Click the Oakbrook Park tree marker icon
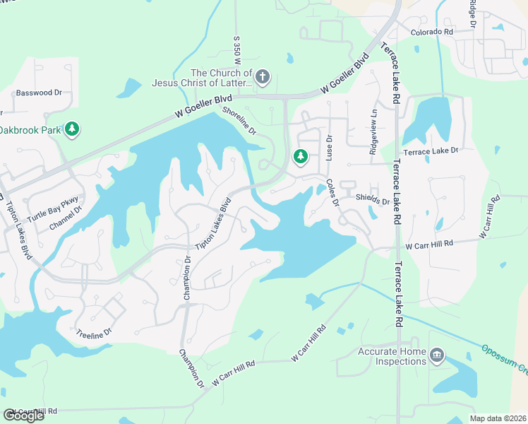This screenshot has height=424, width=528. [x=71, y=129]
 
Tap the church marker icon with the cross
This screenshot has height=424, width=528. [x=263, y=76]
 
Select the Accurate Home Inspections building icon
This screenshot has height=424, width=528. [x=436, y=355]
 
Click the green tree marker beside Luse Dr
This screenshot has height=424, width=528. [x=301, y=156]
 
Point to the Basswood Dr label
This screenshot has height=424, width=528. [x=40, y=93]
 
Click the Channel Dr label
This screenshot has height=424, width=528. [x=66, y=218]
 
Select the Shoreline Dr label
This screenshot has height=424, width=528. [x=239, y=121]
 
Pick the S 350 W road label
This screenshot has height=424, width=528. [x=237, y=50]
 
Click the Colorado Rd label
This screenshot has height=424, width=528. [x=432, y=33]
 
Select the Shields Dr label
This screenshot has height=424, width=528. [x=373, y=201]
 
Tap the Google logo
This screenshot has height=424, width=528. [x=23, y=416]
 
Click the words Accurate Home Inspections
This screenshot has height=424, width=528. [x=392, y=356]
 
